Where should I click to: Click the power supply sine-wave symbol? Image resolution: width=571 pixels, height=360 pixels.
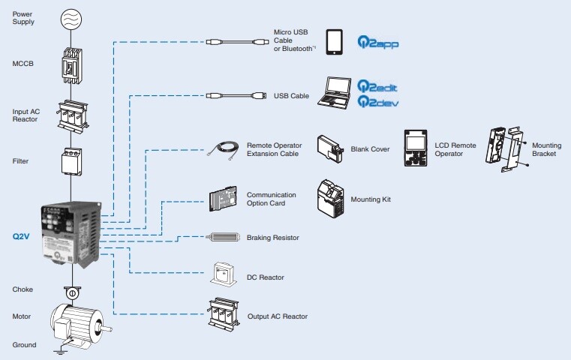pos(73,19)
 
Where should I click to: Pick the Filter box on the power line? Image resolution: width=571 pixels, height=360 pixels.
pos(73,162)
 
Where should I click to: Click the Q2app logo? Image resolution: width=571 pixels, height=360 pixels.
pos(377,43)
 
